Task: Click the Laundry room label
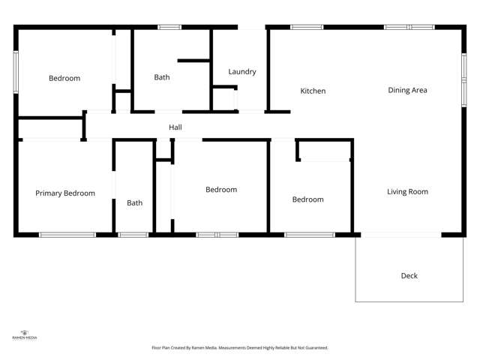click(242, 72)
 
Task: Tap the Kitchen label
click(313, 91)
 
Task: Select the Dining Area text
click(407, 91)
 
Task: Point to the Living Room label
click(407, 192)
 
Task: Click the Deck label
click(409, 276)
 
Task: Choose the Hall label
click(175, 127)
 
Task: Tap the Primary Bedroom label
click(65, 193)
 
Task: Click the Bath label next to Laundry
click(162, 77)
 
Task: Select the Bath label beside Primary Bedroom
click(134, 203)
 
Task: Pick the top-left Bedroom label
click(64, 78)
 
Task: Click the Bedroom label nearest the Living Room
click(307, 199)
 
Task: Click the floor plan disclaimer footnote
click(239, 348)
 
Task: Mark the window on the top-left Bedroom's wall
click(15, 72)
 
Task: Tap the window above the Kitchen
click(307, 28)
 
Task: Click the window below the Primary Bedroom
click(67, 235)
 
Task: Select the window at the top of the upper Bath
click(169, 28)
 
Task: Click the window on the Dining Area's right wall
click(463, 73)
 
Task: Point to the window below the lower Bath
click(133, 235)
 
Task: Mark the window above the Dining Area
click(409, 28)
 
